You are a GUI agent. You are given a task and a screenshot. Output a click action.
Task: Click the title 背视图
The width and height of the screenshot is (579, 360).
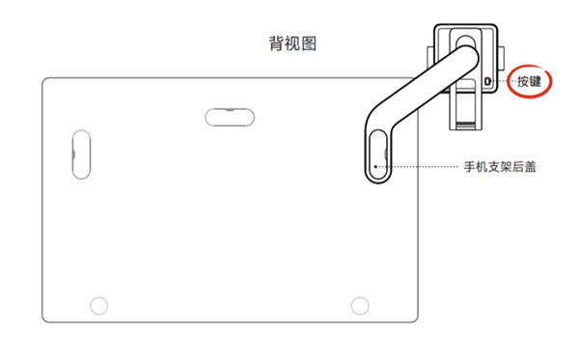coord(292,44)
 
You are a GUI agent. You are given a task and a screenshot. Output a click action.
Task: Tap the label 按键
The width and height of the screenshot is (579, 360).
coord(529,82)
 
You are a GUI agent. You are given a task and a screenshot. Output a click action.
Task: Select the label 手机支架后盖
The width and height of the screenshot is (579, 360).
coord(499,167)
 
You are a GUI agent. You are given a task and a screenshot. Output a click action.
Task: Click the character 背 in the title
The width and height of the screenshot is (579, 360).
coord(276,44)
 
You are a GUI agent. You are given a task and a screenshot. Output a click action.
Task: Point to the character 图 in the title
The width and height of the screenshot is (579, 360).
coord(310,44)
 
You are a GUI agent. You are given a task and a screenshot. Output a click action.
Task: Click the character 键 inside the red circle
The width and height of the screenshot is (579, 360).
coord(536,82)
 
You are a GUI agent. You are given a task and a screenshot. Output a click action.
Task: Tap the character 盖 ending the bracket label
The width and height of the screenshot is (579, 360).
coord(530,167)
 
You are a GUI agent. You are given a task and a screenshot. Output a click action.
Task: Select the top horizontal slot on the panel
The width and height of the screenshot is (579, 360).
coord(231,117)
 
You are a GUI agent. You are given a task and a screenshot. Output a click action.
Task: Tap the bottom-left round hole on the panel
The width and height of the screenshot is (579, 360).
coord(98,305)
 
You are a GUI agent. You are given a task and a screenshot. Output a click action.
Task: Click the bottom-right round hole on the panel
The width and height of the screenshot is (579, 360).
coord(360,305)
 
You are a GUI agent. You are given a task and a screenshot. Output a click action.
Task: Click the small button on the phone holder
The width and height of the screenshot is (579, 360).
coord(489,81)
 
